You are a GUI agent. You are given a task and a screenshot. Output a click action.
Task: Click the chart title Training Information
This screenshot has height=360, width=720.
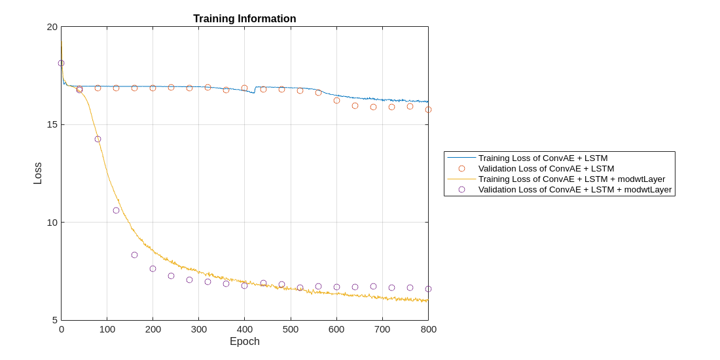pyautogui.click(x=244, y=19)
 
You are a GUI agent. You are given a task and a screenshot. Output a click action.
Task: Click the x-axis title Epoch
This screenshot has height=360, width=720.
pyautogui.click(x=244, y=342)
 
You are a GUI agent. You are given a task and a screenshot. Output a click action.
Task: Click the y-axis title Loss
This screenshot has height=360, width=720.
pyautogui.click(x=38, y=173)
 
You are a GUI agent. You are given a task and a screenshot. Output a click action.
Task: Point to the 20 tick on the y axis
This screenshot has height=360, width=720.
pyautogui.click(x=52, y=27)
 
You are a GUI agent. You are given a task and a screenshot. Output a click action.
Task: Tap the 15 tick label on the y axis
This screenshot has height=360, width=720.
pyautogui.click(x=52, y=124)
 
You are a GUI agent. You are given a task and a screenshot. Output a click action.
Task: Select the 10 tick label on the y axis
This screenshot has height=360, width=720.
pyautogui.click(x=52, y=223)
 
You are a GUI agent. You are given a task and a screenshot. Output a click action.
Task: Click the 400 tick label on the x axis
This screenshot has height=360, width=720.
pyautogui.click(x=245, y=329)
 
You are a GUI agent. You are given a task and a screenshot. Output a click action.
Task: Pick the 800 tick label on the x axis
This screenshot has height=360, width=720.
pyautogui.click(x=428, y=329)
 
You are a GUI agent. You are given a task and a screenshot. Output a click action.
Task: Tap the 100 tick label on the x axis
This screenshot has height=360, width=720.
pyautogui.click(x=107, y=329)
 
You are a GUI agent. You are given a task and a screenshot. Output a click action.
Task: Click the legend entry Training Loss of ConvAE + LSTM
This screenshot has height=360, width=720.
pyautogui.click(x=543, y=158)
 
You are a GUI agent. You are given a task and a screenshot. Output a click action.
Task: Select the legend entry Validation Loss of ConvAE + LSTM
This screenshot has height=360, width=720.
pyautogui.click(x=546, y=168)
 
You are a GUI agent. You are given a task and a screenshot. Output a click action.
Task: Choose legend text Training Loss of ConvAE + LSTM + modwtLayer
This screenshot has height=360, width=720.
pyautogui.click(x=571, y=179)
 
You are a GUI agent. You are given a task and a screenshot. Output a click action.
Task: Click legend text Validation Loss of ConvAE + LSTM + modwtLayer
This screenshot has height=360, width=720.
pyautogui.click(x=575, y=189)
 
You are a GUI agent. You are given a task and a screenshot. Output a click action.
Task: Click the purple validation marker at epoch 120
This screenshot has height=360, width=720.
pyautogui.click(x=116, y=210)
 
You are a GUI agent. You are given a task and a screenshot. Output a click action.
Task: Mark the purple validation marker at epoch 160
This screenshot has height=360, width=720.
pyautogui.click(x=134, y=255)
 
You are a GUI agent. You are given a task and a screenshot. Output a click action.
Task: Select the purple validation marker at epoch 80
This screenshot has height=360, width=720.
pyautogui.click(x=98, y=139)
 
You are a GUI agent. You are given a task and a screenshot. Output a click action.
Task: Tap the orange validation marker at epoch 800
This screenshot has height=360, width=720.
pyautogui.click(x=428, y=109)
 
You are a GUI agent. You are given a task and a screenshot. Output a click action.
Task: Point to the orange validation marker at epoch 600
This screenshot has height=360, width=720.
pyautogui.click(x=336, y=100)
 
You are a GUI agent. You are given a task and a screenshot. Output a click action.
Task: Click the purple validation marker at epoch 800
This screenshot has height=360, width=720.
pyautogui.click(x=428, y=289)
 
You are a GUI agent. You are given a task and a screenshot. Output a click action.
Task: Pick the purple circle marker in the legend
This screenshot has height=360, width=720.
pyautogui.click(x=461, y=189)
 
